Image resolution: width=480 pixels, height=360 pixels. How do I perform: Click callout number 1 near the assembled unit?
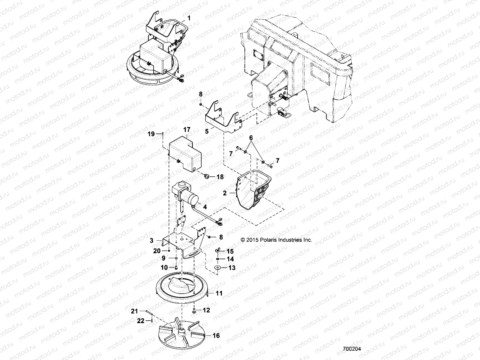pyautogui.click(x=189, y=18)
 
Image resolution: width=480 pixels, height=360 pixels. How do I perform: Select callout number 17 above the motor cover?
pyautogui.click(x=187, y=130)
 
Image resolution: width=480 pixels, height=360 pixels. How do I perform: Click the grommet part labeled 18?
pyautogui.click(x=206, y=177)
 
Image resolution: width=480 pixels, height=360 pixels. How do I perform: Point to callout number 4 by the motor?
pyautogui.click(x=205, y=207)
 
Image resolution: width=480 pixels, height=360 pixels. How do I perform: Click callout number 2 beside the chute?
pyautogui.click(x=225, y=193)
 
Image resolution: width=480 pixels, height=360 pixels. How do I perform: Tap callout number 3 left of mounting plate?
pyautogui.click(x=152, y=240)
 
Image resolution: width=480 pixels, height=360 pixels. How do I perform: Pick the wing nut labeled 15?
pyautogui.click(x=218, y=250)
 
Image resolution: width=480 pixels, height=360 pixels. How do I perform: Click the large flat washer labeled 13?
pyautogui.click(x=216, y=267)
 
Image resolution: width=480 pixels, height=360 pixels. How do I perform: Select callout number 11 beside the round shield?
pyautogui.click(x=219, y=293)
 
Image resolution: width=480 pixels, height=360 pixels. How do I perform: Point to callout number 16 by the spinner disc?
pyautogui.click(x=216, y=335)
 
